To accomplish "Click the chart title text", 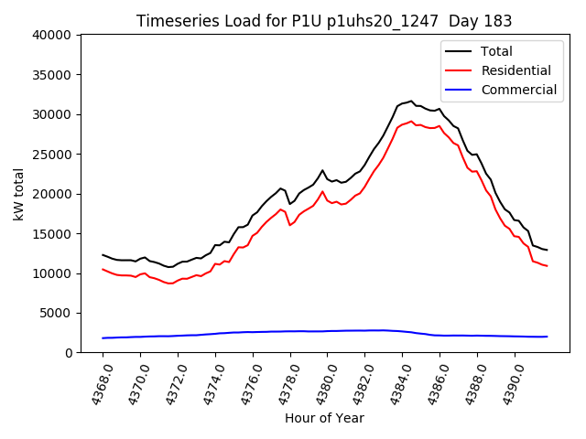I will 324,21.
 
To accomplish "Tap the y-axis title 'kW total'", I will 18,194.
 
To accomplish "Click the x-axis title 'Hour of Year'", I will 324,418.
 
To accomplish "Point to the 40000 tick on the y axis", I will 53,36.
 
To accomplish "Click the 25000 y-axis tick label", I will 53,155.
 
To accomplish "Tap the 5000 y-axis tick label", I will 57,314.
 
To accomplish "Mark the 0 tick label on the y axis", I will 70,353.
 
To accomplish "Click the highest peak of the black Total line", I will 411,102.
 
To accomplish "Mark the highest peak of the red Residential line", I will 411,121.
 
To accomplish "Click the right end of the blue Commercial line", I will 547,337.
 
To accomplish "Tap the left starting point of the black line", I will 103,255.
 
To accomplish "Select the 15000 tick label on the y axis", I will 53,234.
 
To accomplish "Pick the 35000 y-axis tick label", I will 53,75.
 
